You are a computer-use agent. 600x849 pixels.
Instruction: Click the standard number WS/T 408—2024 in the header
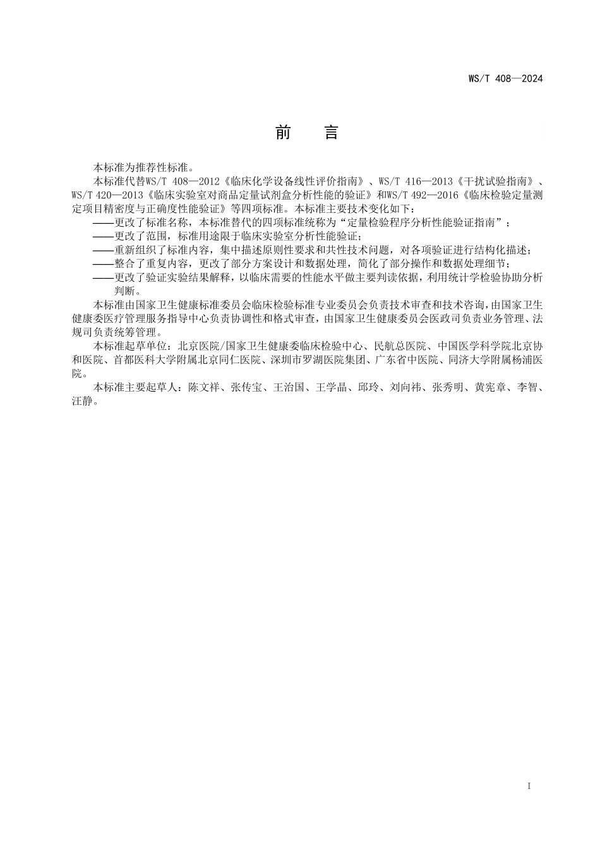505,79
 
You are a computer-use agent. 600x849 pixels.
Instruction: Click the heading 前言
308,133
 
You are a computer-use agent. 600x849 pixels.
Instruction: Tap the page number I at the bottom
529,786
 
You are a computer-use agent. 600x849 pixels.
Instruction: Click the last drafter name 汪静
82,402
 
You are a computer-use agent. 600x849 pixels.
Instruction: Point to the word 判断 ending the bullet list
124,291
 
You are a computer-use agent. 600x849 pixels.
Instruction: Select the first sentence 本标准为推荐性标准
141,167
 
